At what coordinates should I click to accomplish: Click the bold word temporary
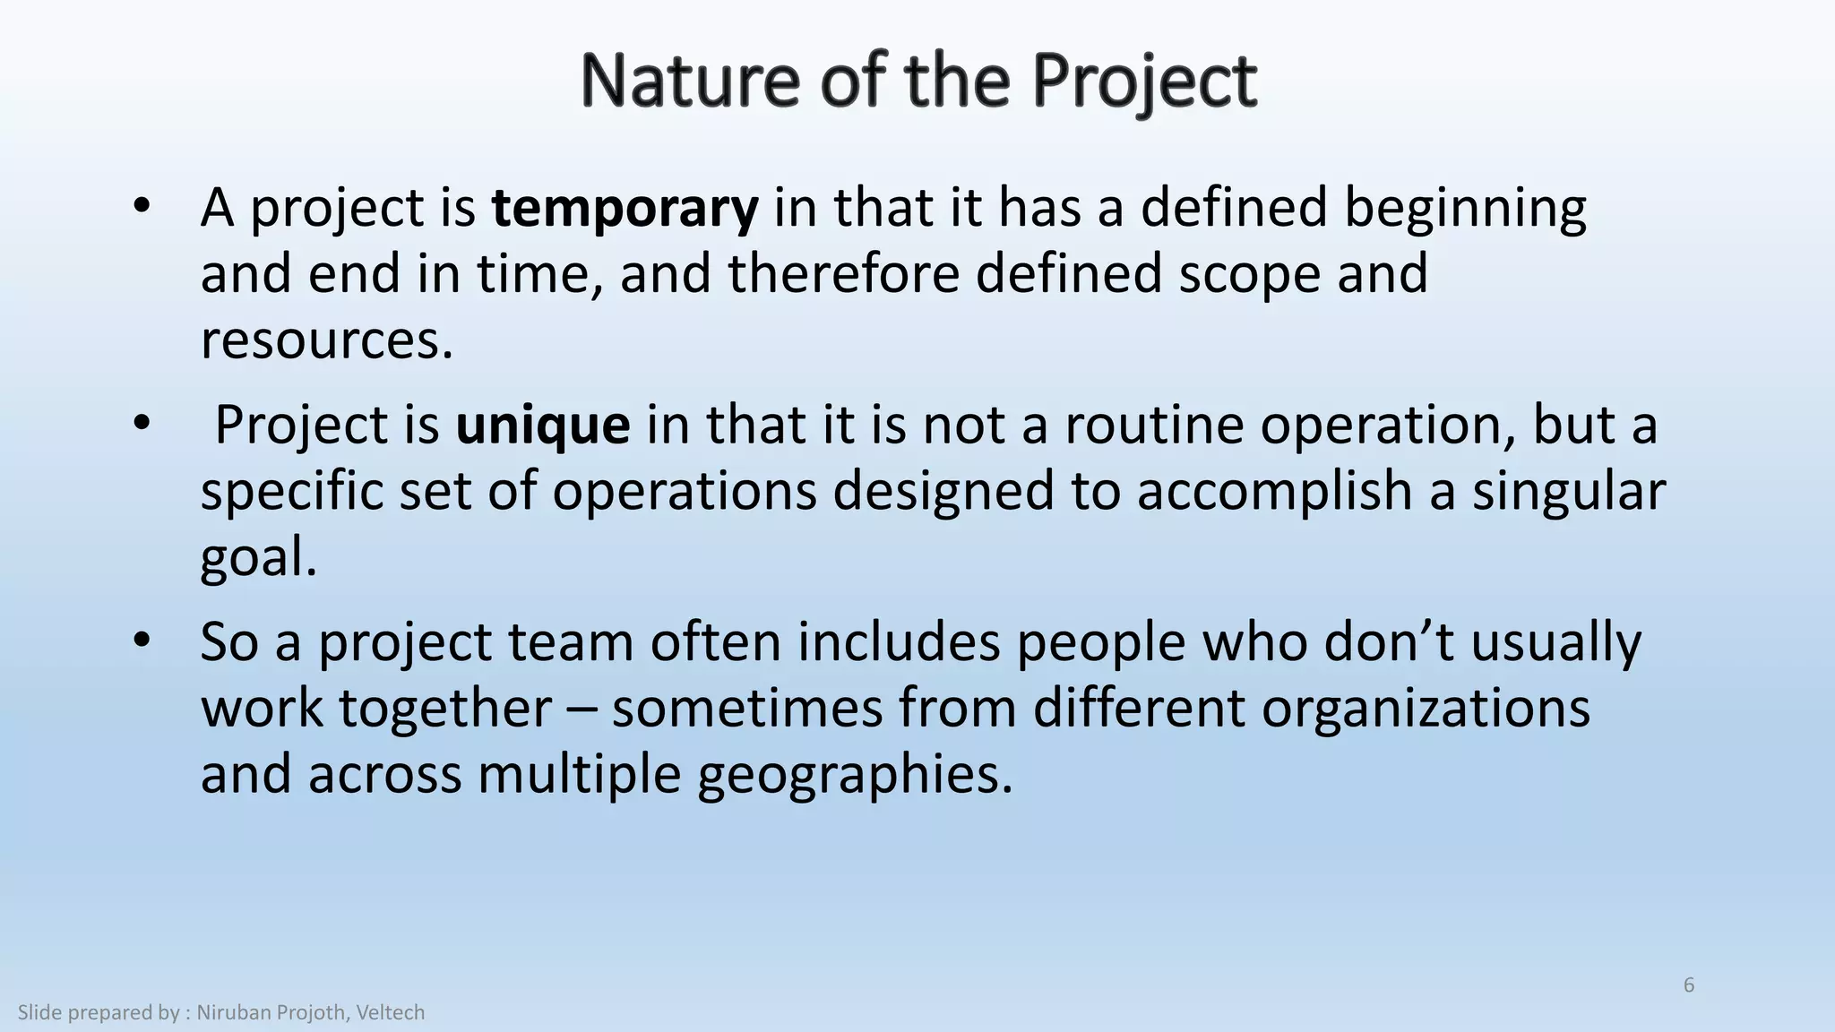click(625, 209)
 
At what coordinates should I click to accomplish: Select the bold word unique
click(542, 426)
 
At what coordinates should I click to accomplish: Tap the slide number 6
click(1689, 985)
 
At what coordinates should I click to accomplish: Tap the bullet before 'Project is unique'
click(141, 424)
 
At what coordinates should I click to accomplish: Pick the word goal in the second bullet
click(258, 558)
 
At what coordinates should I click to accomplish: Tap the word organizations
click(1426, 709)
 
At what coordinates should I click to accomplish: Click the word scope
click(1249, 274)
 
